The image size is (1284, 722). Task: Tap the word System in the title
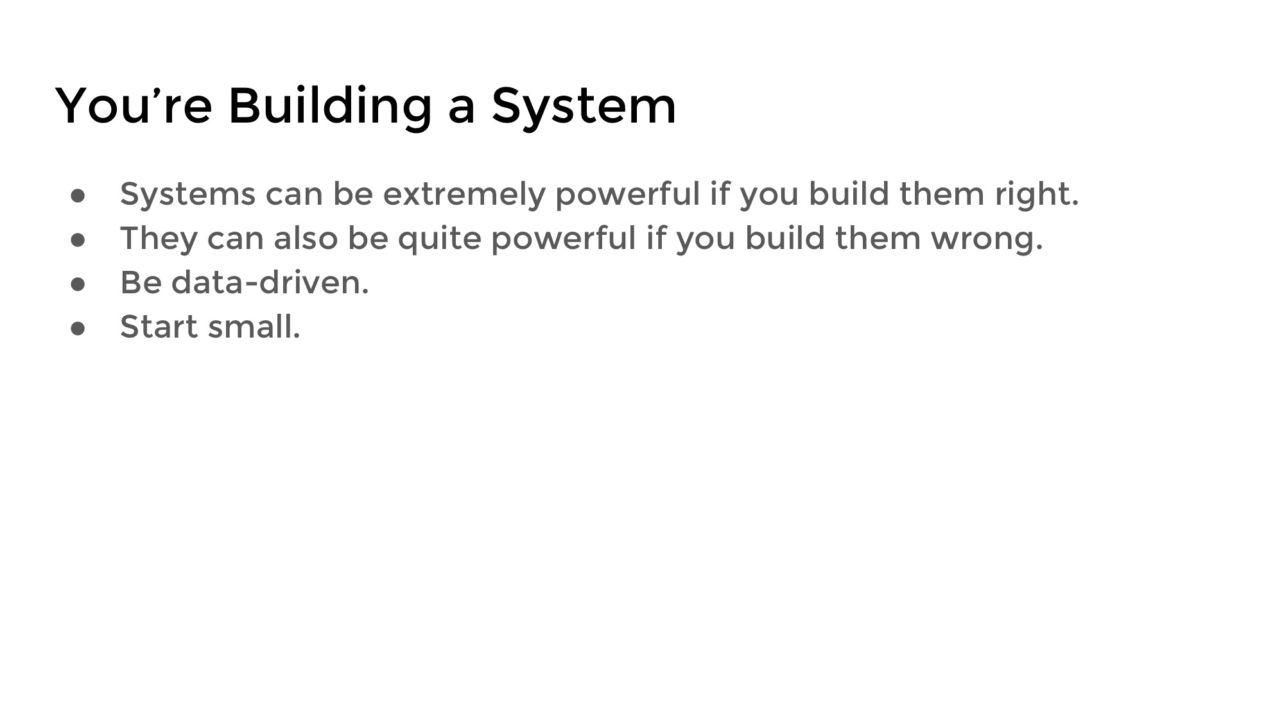coord(584,107)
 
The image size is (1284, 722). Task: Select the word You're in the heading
coord(134,105)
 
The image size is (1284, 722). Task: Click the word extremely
coord(464,195)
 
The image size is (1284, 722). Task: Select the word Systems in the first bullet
coord(187,195)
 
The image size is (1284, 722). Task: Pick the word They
coord(159,239)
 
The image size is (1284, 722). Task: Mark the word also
coord(306,238)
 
